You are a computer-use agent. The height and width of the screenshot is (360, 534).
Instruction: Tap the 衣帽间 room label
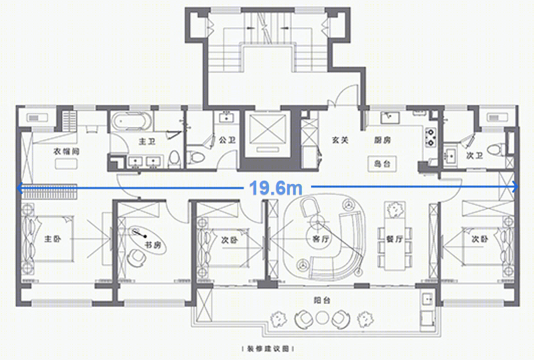pos(66,152)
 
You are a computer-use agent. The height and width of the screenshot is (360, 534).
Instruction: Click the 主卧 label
pos(53,239)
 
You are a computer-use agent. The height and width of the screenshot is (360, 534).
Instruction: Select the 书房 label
pos(153,246)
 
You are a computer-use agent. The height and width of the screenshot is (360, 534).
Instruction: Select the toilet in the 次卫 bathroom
pos(496,150)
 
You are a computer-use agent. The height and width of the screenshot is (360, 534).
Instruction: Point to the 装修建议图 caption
pos(266,349)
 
